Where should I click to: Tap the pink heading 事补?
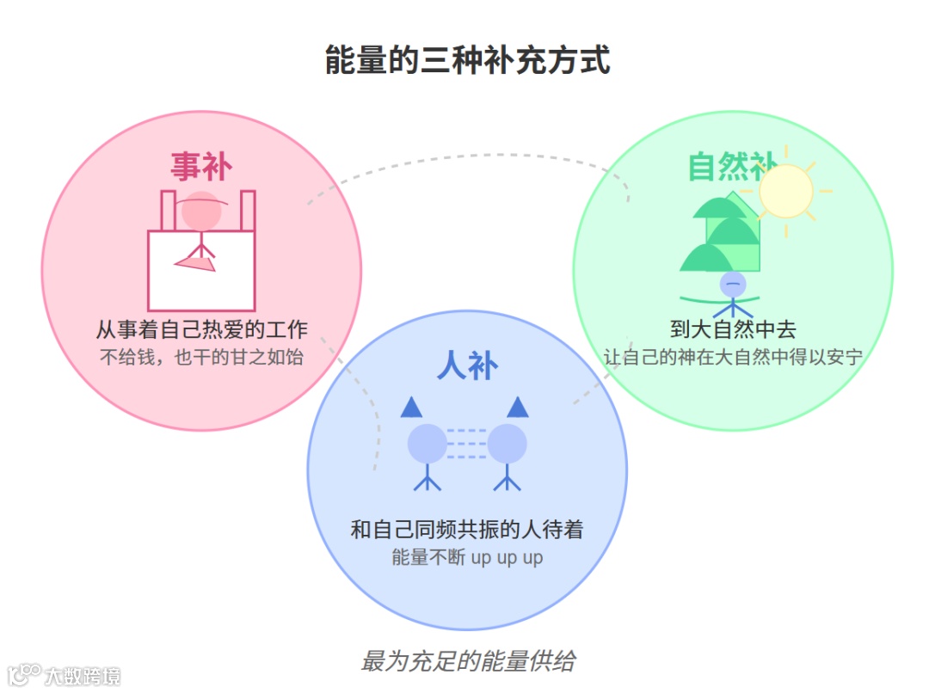(x=200, y=166)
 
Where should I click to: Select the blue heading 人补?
(x=467, y=366)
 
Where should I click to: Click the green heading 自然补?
(x=732, y=166)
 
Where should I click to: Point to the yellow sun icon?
(x=786, y=191)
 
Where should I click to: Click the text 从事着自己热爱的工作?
(x=201, y=329)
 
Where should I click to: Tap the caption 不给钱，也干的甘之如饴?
(x=201, y=357)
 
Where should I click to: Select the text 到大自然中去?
(x=733, y=329)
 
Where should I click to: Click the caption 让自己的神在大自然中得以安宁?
(x=733, y=357)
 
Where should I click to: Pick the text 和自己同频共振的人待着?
(x=467, y=529)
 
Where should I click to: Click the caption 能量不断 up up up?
(x=467, y=557)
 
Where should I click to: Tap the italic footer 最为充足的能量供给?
(x=467, y=661)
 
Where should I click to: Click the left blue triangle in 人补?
(x=411, y=408)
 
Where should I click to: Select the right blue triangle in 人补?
(x=518, y=408)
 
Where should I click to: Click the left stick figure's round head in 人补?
(x=427, y=444)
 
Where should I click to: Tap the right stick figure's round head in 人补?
(x=507, y=444)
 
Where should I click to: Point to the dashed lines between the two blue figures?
(x=467, y=444)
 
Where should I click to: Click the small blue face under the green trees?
(x=733, y=284)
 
